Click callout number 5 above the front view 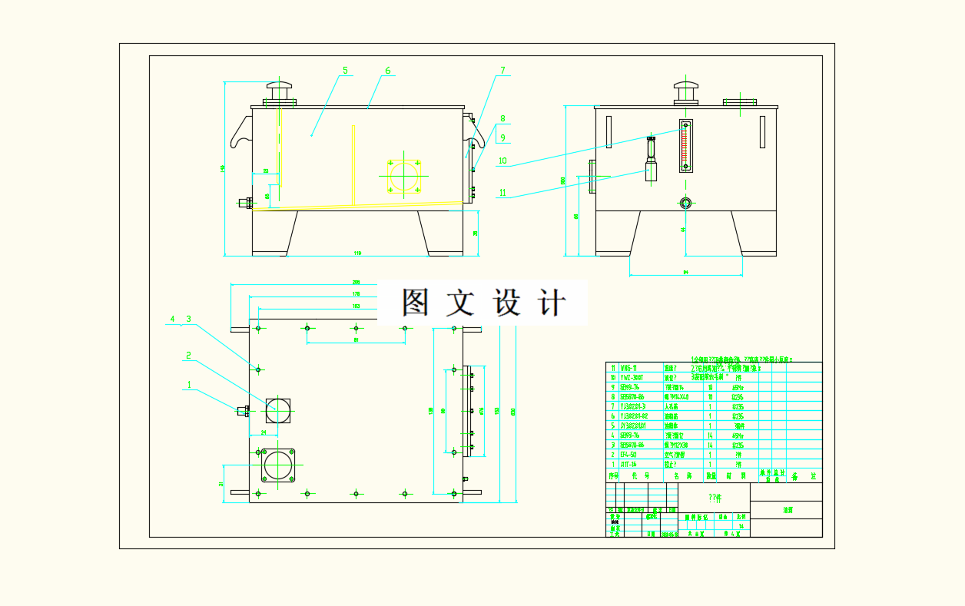click(x=345, y=71)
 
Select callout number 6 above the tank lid click(x=388, y=71)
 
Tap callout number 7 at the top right click(x=502, y=71)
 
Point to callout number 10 click(x=502, y=161)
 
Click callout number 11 click(x=502, y=193)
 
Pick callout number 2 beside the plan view click(x=187, y=356)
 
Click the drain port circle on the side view click(x=685, y=203)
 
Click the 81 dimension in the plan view click(x=356, y=339)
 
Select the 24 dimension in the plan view click(x=263, y=433)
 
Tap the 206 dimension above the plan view click(x=356, y=282)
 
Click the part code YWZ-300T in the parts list click(x=634, y=378)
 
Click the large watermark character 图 click(x=416, y=303)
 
